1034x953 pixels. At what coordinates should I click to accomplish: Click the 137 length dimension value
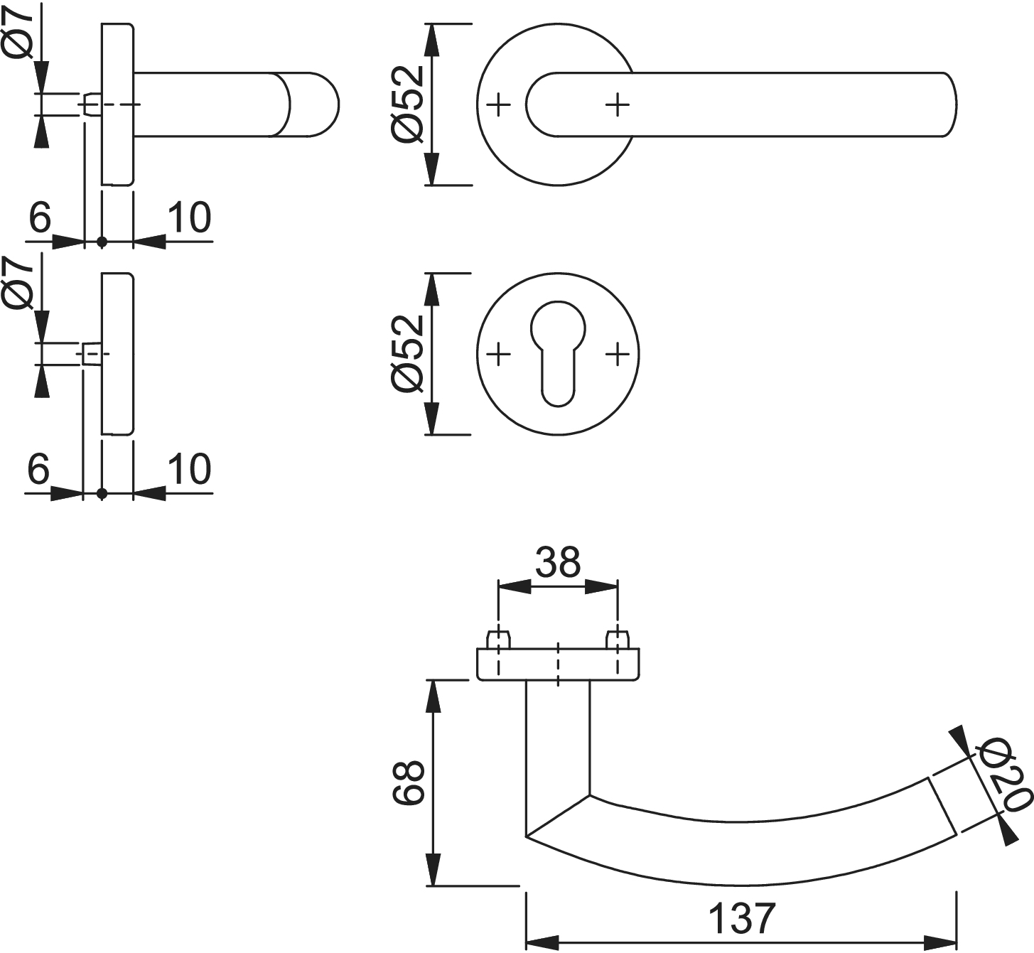coord(741,918)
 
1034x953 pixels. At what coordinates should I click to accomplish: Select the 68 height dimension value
coord(409,782)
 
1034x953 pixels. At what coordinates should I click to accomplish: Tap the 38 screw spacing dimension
coord(558,562)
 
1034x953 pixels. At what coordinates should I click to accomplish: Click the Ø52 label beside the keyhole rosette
coord(408,353)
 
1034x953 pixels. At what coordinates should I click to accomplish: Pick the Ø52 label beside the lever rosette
coord(408,104)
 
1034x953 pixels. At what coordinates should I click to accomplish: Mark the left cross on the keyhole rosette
coord(500,353)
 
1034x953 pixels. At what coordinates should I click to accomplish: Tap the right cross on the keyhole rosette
coord(618,353)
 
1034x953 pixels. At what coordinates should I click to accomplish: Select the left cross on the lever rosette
coord(500,104)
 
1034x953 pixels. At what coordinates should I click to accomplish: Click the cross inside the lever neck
coord(618,104)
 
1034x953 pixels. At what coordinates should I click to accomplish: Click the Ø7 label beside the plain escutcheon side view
coord(18,283)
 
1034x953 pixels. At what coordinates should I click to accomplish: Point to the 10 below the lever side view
coord(190,218)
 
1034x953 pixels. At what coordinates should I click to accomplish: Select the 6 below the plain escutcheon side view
coord(38,469)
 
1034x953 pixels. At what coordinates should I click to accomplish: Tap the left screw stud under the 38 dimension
coord(499,637)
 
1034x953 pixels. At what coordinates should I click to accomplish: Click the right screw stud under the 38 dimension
coord(617,637)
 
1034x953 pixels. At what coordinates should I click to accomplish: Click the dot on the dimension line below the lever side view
coord(102,242)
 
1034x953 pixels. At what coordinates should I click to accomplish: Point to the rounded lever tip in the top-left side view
coord(316,104)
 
